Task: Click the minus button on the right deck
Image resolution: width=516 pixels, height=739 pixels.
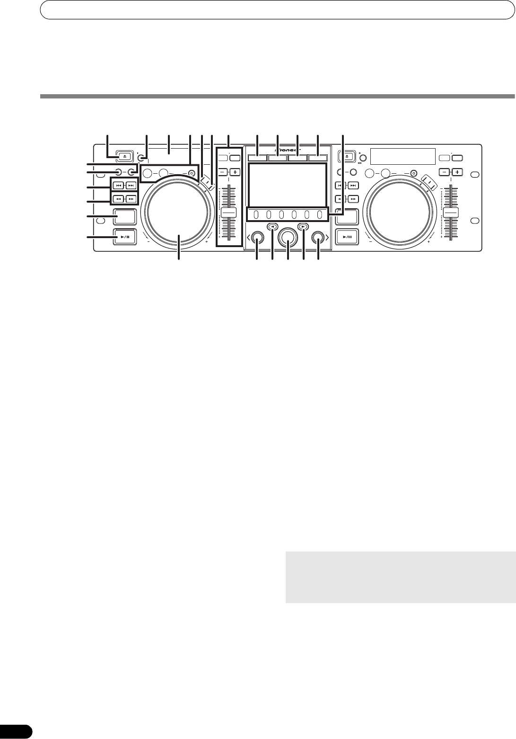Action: tap(444, 172)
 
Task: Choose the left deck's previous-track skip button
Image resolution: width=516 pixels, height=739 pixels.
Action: tap(119, 186)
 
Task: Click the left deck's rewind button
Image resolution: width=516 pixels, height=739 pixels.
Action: tap(119, 199)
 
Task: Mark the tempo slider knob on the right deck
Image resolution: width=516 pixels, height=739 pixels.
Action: tap(451, 212)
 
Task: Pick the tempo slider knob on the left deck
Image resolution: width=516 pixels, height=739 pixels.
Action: tap(228, 212)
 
